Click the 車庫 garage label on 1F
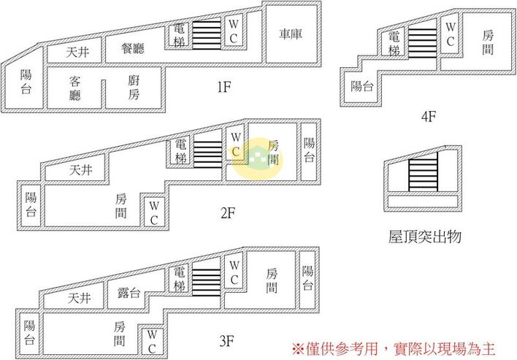point(291,34)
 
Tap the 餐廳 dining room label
point(133,48)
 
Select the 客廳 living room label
point(74,88)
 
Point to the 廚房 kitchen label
point(134,88)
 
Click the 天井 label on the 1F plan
point(78,53)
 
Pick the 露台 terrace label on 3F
point(129,293)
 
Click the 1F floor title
point(224,88)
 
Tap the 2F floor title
point(228,214)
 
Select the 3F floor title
point(227,341)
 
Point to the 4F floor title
point(429,116)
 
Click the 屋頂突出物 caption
point(424,237)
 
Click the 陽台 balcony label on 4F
point(362,86)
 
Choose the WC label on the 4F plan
point(451,34)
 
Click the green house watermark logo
point(258,158)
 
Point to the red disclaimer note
point(394,349)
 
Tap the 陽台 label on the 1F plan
point(26,82)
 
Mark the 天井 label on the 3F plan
point(80,299)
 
